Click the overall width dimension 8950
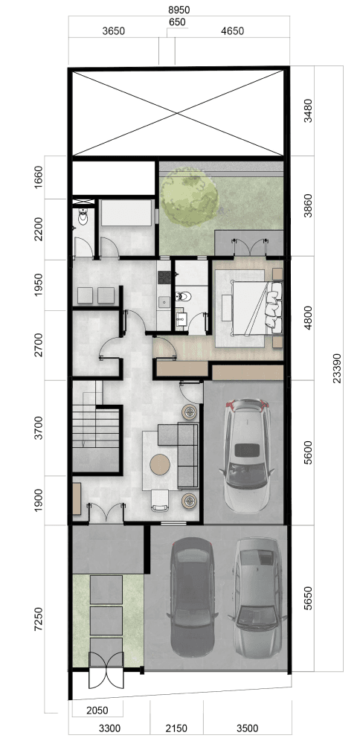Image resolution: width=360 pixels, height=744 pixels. tap(179, 10)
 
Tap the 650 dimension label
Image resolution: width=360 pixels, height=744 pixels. tap(176, 22)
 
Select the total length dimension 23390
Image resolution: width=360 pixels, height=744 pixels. tap(336, 368)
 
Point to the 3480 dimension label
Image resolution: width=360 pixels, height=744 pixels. tap(308, 111)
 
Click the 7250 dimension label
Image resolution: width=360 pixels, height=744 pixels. tap(39, 619)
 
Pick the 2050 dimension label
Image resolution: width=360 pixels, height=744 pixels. tap(97, 711)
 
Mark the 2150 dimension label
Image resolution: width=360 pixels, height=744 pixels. tap(176, 728)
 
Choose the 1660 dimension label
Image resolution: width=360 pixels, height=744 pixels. tap(39, 178)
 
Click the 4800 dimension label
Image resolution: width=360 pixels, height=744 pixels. tap(308, 318)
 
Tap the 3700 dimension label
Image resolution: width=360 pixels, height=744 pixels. tap(39, 428)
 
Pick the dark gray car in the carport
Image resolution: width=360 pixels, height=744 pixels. tap(192, 597)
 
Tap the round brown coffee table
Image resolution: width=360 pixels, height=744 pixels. tap(160, 464)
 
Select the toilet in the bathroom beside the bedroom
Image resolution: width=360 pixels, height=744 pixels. tap(183, 297)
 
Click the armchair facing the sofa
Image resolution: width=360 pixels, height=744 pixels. tap(160, 501)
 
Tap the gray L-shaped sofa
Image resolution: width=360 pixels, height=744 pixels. tap(182, 454)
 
